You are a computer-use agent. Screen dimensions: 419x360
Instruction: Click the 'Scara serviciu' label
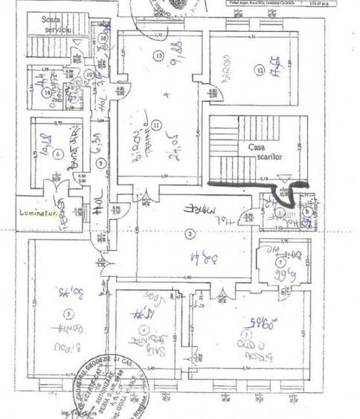point(56,24)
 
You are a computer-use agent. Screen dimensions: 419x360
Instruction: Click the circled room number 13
point(158,56)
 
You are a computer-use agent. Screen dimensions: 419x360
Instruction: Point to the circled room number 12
point(260,70)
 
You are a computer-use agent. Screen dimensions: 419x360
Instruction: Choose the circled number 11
point(156,124)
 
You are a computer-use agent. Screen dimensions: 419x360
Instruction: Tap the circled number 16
point(103,38)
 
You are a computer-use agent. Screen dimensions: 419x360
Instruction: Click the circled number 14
point(47,93)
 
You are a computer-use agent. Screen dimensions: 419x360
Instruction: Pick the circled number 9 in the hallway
point(101,163)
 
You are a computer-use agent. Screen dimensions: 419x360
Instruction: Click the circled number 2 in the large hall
point(190,234)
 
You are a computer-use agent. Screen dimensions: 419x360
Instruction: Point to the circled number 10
point(89,74)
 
